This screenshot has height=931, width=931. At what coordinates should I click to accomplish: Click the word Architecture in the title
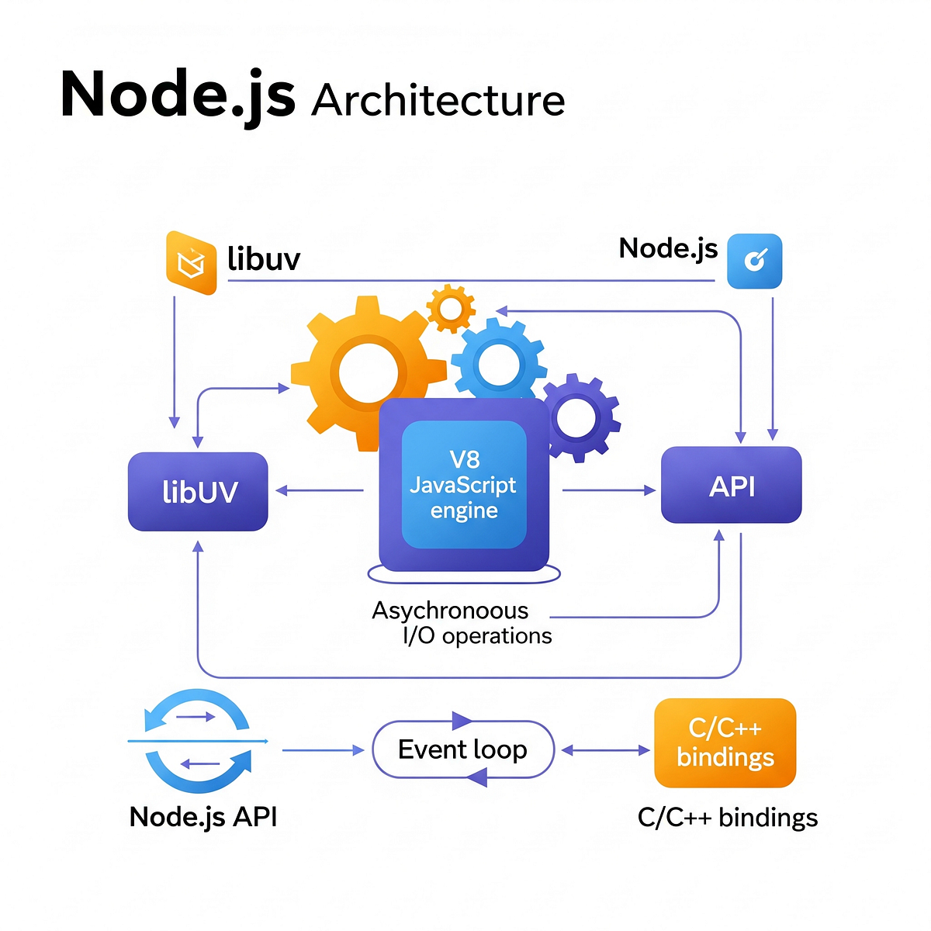[x=438, y=101]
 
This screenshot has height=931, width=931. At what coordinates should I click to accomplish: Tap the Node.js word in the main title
[x=178, y=95]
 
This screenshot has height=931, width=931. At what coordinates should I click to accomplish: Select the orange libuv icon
[x=191, y=263]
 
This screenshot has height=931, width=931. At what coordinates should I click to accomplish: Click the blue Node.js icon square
[x=754, y=261]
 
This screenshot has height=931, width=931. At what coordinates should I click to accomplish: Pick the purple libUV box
[x=198, y=492]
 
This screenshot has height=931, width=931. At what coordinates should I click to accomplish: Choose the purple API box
[x=731, y=486]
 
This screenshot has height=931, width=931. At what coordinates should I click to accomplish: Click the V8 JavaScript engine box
[x=464, y=485]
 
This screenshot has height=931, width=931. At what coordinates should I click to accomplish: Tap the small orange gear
[x=451, y=309]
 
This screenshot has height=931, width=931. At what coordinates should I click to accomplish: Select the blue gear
[x=498, y=362]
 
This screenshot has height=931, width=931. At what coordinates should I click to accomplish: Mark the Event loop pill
[x=463, y=749]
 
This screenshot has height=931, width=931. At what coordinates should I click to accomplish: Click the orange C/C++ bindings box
[x=725, y=742]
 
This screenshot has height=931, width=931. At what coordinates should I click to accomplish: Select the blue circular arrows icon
[x=199, y=741]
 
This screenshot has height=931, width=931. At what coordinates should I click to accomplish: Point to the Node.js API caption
[x=203, y=817]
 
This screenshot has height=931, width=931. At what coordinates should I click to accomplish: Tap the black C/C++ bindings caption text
[x=728, y=818]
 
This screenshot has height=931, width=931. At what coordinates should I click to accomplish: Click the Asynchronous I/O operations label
[x=462, y=623]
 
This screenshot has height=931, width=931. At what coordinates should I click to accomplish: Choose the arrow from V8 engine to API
[x=609, y=490]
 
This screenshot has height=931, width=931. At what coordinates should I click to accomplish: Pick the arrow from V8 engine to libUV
[x=320, y=490]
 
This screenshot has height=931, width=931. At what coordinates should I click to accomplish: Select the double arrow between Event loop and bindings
[x=605, y=750]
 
